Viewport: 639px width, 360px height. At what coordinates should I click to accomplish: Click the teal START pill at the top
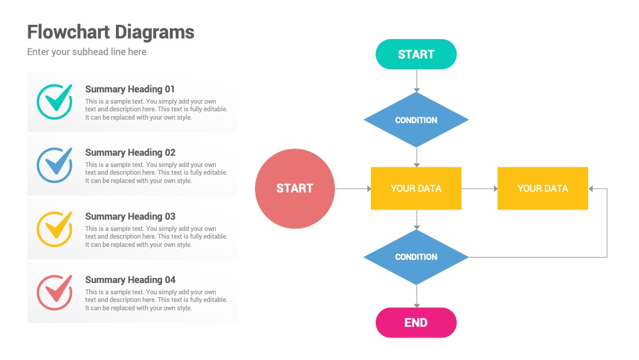416,54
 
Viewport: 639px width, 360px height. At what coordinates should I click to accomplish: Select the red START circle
295,188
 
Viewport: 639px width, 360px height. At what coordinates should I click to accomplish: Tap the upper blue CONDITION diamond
416,120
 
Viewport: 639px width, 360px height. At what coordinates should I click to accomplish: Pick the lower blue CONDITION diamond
416,257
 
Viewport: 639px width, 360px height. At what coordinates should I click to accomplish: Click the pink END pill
416,323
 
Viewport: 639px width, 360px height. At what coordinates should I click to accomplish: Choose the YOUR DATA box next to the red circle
416,188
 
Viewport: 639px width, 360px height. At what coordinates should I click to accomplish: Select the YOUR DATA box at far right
543,188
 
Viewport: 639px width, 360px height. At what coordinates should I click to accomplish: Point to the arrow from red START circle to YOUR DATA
353,189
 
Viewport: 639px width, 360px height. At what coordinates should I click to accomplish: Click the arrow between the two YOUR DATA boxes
480,189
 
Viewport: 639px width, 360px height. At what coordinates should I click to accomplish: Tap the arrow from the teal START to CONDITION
417,81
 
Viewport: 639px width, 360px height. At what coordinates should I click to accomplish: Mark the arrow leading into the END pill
417,297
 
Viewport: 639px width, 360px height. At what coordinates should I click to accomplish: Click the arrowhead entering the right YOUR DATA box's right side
591,189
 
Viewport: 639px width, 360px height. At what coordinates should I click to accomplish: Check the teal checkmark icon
54,101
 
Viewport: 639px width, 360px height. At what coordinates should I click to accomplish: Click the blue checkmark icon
54,165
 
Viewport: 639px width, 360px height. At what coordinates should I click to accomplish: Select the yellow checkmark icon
54,229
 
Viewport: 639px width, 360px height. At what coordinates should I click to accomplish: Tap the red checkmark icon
54,292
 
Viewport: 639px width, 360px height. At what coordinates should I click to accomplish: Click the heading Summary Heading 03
130,216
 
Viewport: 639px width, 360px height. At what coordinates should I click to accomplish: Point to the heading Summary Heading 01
130,89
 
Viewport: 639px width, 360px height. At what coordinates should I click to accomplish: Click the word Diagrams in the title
154,32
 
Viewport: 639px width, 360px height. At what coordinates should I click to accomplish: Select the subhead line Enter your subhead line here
87,52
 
